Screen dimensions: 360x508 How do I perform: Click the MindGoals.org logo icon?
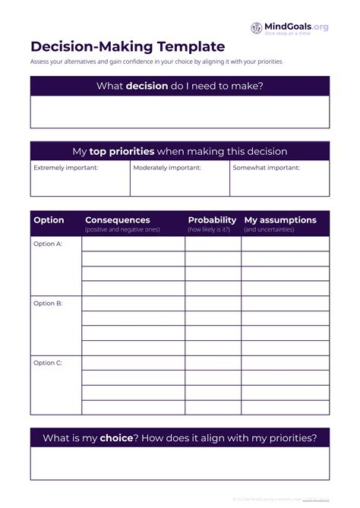point(257,27)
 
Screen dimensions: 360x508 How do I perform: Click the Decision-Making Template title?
point(128,47)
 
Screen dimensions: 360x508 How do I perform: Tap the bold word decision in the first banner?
point(147,86)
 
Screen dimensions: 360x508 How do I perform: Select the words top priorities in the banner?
point(122,151)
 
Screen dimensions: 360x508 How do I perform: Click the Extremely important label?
point(66,168)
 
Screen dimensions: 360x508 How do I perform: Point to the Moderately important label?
point(167,168)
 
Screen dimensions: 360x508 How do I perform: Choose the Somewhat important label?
point(266,168)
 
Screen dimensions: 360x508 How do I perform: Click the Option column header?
point(49,220)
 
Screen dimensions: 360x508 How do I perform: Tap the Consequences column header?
point(118,220)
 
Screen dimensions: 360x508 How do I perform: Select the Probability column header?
point(212,220)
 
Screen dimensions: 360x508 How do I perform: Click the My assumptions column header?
point(280,220)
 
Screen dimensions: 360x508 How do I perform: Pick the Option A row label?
point(48,244)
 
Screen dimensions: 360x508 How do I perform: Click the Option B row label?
point(48,304)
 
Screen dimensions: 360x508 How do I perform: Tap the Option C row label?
point(48,363)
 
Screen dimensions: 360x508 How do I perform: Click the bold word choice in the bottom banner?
point(116,438)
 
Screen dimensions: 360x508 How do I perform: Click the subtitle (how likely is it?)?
point(209,229)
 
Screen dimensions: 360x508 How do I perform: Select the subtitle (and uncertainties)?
point(270,229)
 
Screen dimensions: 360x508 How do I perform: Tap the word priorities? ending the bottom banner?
point(289,438)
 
